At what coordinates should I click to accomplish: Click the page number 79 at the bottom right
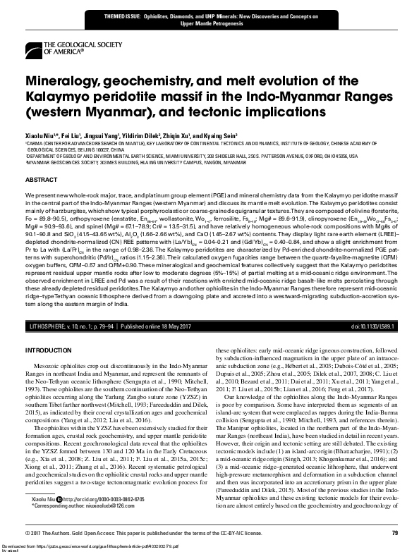pyautogui.click(x=395, y=532)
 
